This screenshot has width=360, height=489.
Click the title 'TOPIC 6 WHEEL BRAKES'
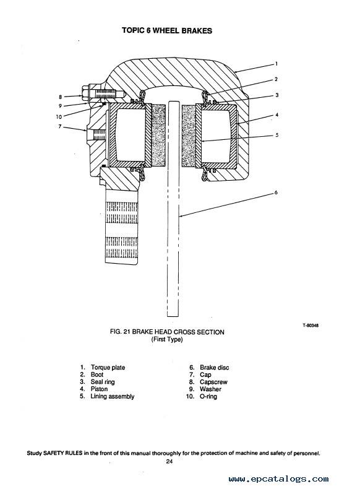(167, 30)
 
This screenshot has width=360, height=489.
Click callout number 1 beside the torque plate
(276, 64)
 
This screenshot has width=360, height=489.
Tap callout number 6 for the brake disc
(276, 193)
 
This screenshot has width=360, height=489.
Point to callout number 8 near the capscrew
(61, 97)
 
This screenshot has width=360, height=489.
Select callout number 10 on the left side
(59, 117)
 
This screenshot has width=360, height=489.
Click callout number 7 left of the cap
(60, 126)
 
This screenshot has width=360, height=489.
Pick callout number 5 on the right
(276, 135)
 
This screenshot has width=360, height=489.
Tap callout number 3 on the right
(276, 95)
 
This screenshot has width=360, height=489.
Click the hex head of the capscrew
(86, 93)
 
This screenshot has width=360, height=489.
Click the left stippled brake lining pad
(159, 136)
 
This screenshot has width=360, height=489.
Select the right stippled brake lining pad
(189, 136)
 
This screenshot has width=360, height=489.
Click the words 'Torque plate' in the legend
(108, 368)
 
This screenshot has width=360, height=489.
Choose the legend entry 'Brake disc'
(215, 368)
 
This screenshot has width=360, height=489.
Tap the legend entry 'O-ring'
(208, 396)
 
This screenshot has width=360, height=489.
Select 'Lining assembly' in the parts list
(113, 396)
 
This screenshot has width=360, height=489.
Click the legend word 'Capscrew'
(214, 382)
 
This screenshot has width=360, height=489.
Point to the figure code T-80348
(310, 325)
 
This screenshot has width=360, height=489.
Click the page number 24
(169, 462)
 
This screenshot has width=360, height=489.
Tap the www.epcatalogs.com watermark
(278, 479)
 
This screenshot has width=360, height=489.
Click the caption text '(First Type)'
(167, 339)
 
